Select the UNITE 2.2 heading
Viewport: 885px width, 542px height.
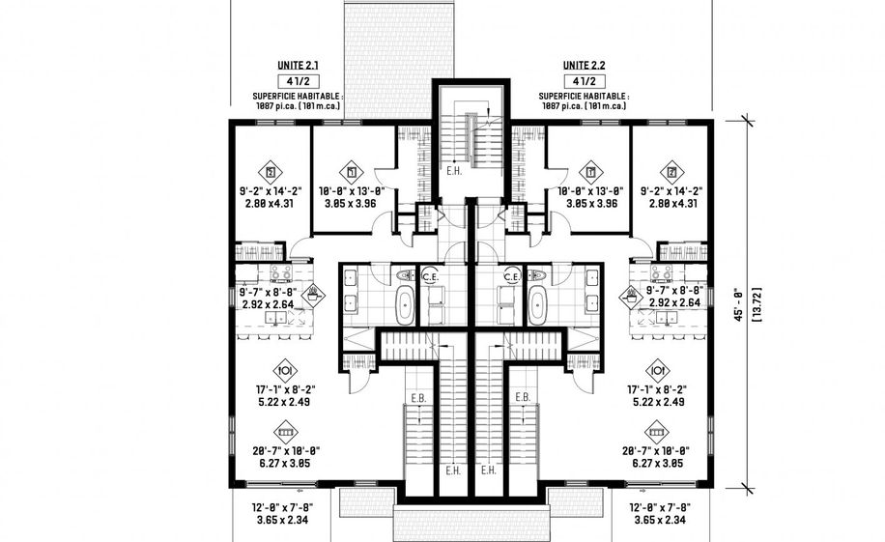pos(584,66)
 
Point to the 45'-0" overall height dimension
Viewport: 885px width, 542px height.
pos(738,305)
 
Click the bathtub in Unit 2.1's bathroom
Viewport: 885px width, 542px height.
pos(405,305)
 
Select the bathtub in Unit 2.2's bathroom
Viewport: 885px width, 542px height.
pos(537,305)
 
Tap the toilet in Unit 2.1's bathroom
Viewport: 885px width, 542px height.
pos(406,275)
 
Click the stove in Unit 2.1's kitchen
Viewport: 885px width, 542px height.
pos(280,273)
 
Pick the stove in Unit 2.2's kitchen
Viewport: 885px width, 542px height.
pos(662,273)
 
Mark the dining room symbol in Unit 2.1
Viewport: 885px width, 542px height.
pos(285,371)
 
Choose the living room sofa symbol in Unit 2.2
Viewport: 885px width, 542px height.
pos(657,433)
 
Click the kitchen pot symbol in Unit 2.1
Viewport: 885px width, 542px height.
pos(313,294)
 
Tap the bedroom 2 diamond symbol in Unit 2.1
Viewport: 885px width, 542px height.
pos(271,172)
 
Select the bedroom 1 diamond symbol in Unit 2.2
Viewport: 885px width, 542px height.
pos(591,172)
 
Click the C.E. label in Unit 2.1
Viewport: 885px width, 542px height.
pos(431,277)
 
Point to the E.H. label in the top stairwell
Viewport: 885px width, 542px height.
pos(454,171)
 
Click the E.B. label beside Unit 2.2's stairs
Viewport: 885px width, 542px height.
pos(523,397)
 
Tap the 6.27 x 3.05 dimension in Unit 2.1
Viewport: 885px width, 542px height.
pos(285,464)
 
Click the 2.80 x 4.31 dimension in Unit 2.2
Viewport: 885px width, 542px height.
pos(671,203)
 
